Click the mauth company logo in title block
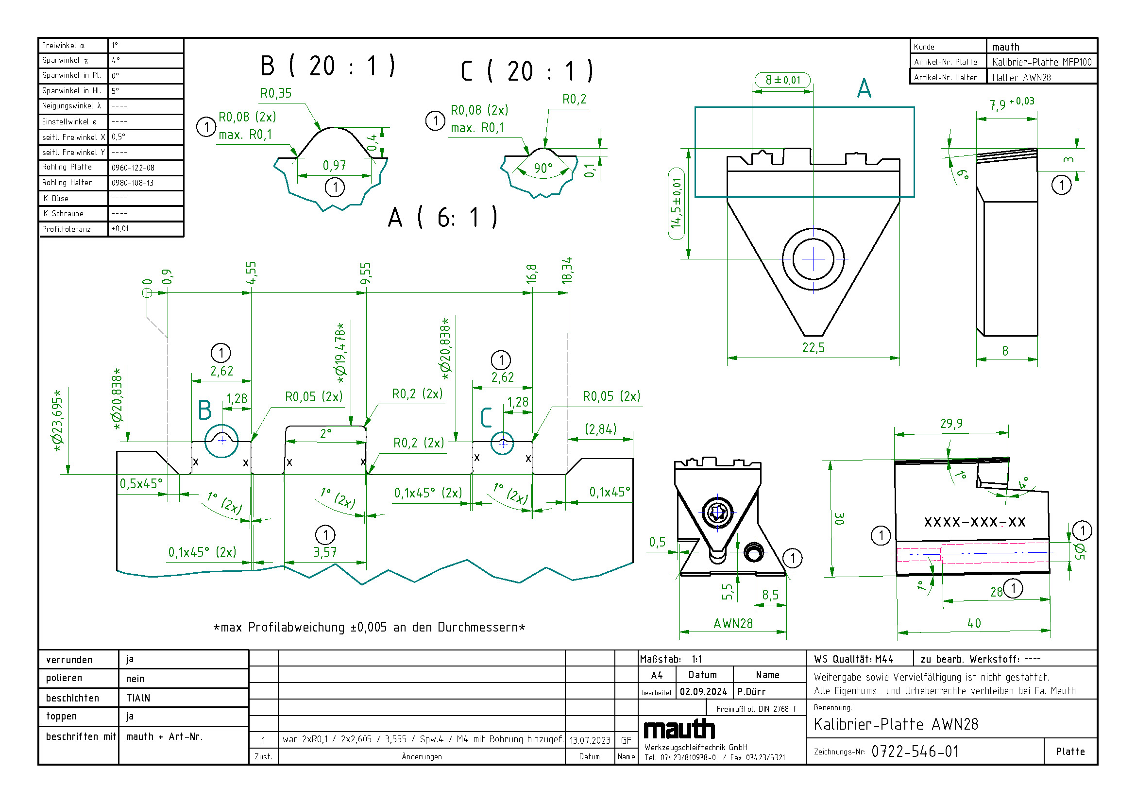click(679, 730)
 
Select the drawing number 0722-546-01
click(915, 752)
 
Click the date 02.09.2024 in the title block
click(703, 692)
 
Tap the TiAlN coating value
click(138, 698)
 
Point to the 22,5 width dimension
click(813, 348)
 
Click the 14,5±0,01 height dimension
click(676, 204)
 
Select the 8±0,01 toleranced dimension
click(783, 80)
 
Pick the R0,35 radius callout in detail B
click(276, 93)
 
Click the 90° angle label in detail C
click(543, 168)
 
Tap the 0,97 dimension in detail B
click(335, 165)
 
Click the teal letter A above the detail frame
click(864, 88)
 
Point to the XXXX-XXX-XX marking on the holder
click(975, 522)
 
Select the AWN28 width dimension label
click(733, 623)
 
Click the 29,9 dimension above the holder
click(951, 424)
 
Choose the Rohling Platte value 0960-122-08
click(133, 168)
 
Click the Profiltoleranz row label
click(67, 229)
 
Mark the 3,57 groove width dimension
click(325, 552)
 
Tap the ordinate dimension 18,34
click(567, 270)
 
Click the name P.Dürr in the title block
click(751, 692)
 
